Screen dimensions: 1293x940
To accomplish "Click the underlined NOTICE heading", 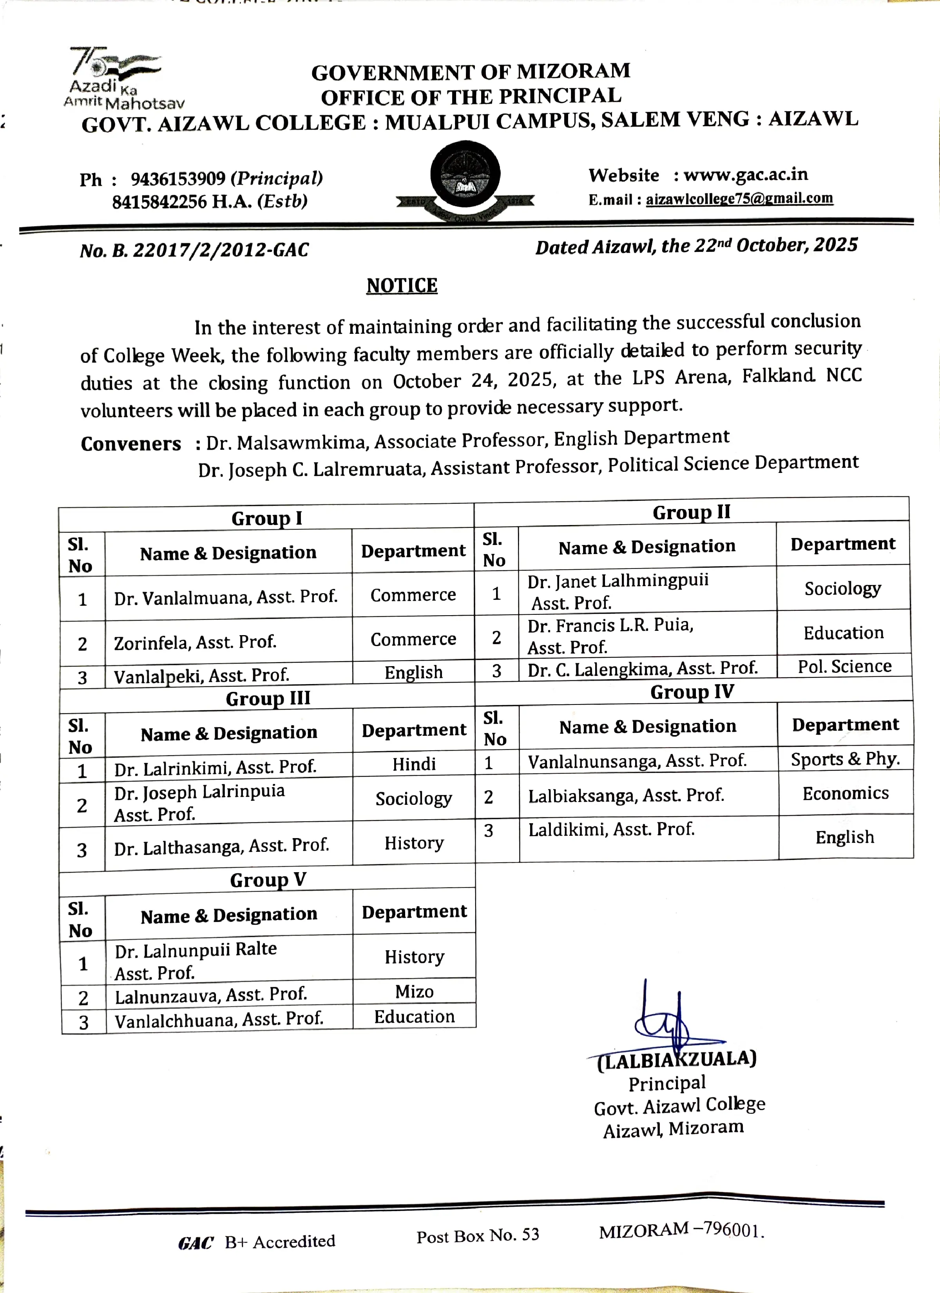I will (402, 285).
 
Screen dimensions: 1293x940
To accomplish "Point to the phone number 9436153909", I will (178, 179).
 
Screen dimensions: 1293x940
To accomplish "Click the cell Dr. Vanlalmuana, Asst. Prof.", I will (226, 597).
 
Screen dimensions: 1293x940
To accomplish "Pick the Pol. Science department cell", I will (844, 666).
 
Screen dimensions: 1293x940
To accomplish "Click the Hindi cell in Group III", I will (414, 764).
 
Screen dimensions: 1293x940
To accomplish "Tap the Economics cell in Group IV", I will (845, 793).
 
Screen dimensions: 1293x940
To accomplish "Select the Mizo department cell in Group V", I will (415, 991).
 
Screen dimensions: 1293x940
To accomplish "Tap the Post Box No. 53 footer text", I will (478, 1235).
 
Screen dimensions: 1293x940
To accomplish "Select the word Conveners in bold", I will (130, 444).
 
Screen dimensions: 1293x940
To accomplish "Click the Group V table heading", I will (268, 880).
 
